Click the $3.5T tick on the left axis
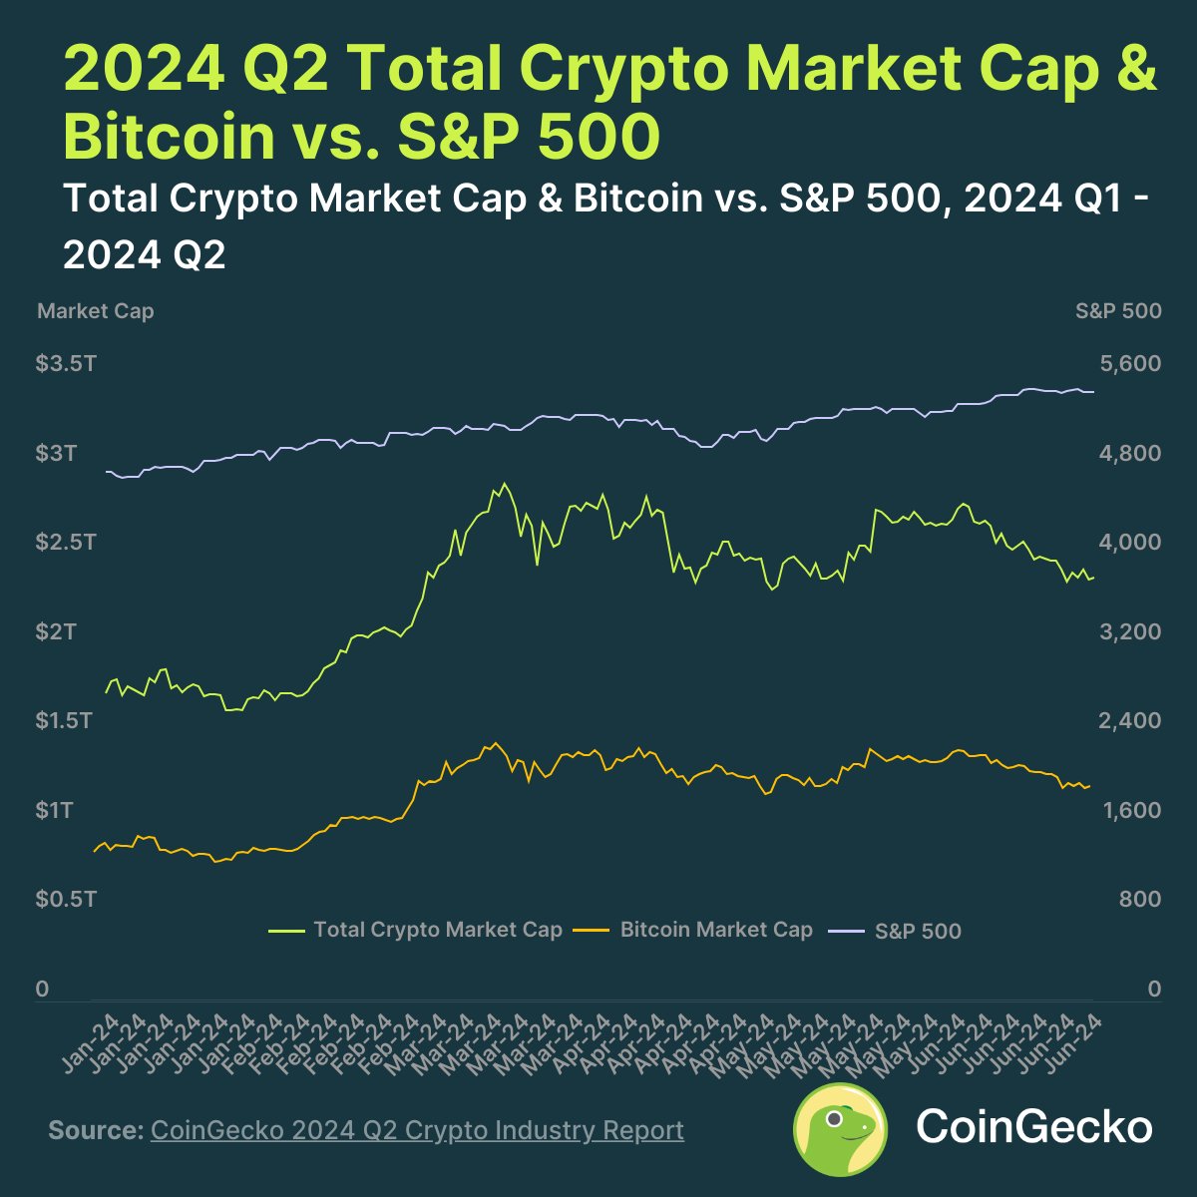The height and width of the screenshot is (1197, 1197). (x=66, y=364)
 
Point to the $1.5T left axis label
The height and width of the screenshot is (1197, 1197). (x=64, y=720)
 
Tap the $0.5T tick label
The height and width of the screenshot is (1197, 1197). (x=66, y=899)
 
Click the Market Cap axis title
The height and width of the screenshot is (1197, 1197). (x=96, y=311)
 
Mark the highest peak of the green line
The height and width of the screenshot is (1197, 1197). (x=505, y=485)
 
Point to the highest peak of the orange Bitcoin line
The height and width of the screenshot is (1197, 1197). (x=494, y=743)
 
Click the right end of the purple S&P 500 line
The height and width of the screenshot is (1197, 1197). (x=1093, y=392)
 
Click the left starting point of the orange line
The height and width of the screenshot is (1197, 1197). (x=94, y=851)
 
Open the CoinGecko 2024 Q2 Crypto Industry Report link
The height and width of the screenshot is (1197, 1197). (x=417, y=1130)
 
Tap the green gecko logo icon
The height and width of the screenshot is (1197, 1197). (x=840, y=1129)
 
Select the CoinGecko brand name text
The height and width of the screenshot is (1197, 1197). (x=1033, y=1127)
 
